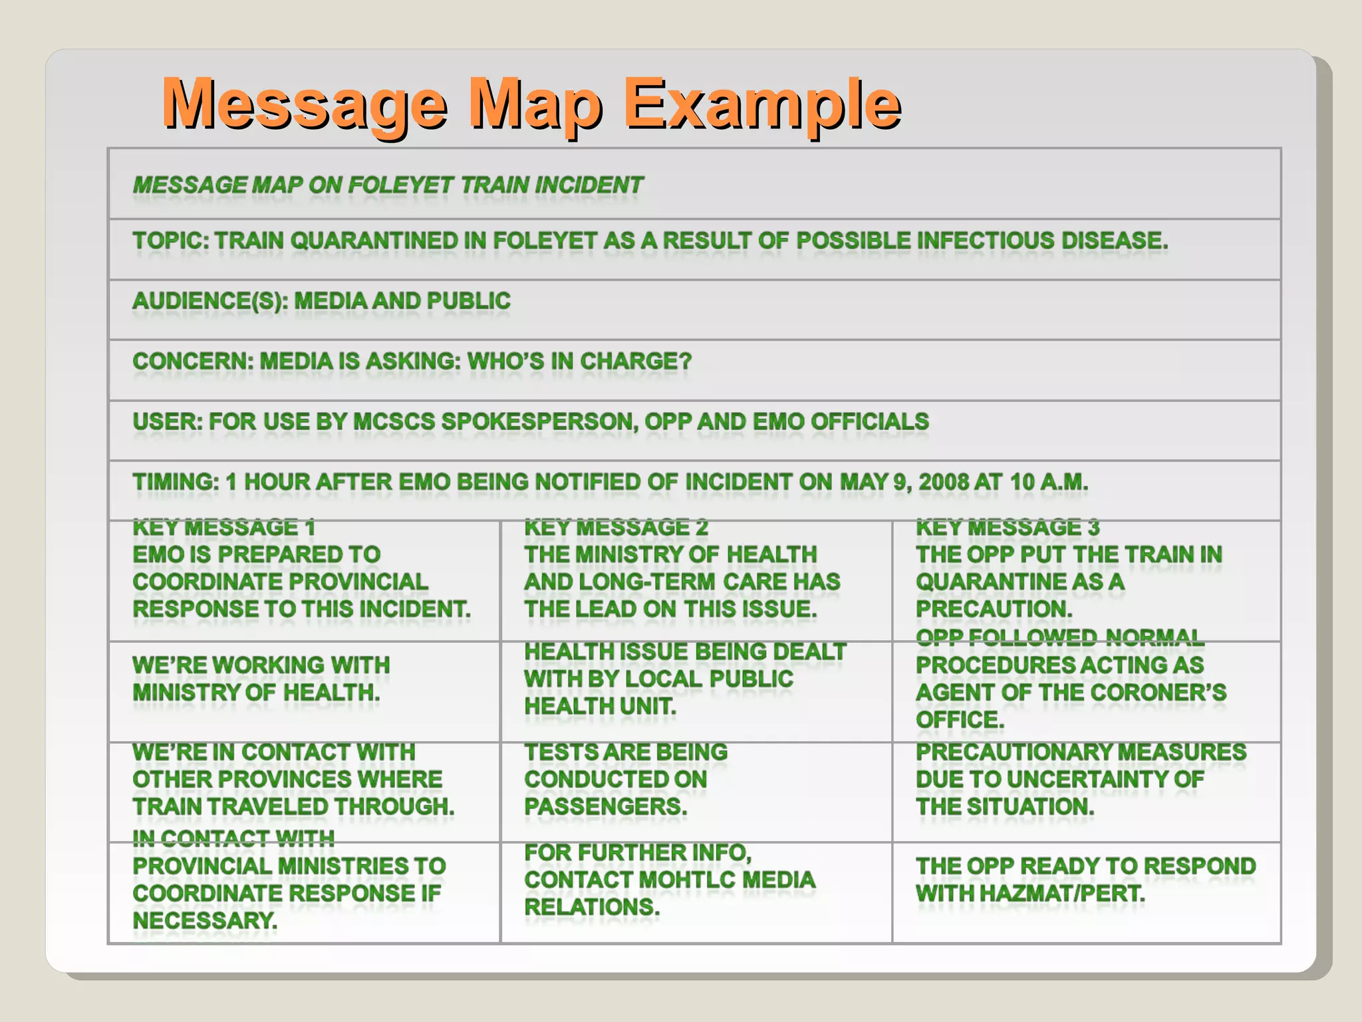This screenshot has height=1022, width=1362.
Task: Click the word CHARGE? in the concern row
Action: (x=636, y=361)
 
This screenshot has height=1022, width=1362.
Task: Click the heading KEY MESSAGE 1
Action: (x=223, y=528)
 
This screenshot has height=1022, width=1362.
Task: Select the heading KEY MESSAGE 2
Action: (x=616, y=528)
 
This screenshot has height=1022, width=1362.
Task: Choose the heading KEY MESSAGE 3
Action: (x=1008, y=528)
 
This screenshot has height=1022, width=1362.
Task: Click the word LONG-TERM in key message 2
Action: (x=648, y=582)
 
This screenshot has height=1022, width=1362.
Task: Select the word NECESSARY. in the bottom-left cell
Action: (x=205, y=921)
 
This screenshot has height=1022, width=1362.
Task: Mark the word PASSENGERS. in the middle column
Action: (x=605, y=806)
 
